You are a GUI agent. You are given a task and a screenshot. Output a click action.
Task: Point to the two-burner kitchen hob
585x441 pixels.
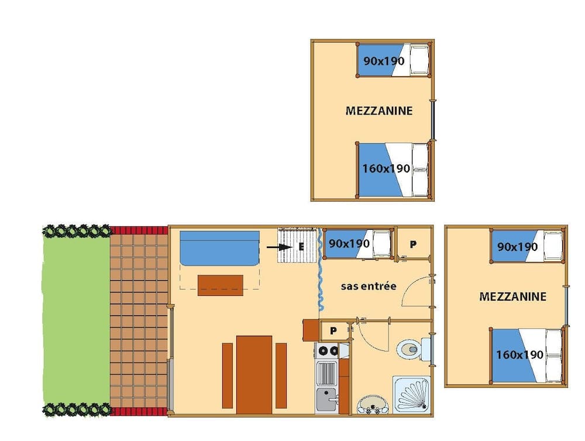point(326,351)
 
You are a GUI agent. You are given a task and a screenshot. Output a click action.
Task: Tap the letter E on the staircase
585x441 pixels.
point(301,247)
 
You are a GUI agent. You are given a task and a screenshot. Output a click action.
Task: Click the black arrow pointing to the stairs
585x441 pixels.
point(279,247)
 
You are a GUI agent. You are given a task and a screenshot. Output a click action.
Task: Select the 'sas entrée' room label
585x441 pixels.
point(369,286)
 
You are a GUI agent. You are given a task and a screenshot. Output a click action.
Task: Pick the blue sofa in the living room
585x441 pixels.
point(219,249)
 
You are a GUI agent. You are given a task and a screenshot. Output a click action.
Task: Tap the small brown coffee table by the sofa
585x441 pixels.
point(221,285)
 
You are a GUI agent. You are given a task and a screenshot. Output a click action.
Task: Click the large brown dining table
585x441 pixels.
point(254,374)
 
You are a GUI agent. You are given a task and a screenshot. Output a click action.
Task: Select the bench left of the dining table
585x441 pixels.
point(228,375)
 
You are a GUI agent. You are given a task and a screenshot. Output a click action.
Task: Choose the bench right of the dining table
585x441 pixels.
point(281,375)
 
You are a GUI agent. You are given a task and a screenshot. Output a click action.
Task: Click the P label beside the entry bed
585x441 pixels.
point(413,244)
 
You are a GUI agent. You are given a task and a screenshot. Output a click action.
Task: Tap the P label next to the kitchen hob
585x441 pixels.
point(333,331)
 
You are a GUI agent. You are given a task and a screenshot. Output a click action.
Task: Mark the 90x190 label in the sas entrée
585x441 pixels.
point(349,243)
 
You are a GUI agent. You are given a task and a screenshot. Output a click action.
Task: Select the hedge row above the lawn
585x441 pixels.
point(76,231)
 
